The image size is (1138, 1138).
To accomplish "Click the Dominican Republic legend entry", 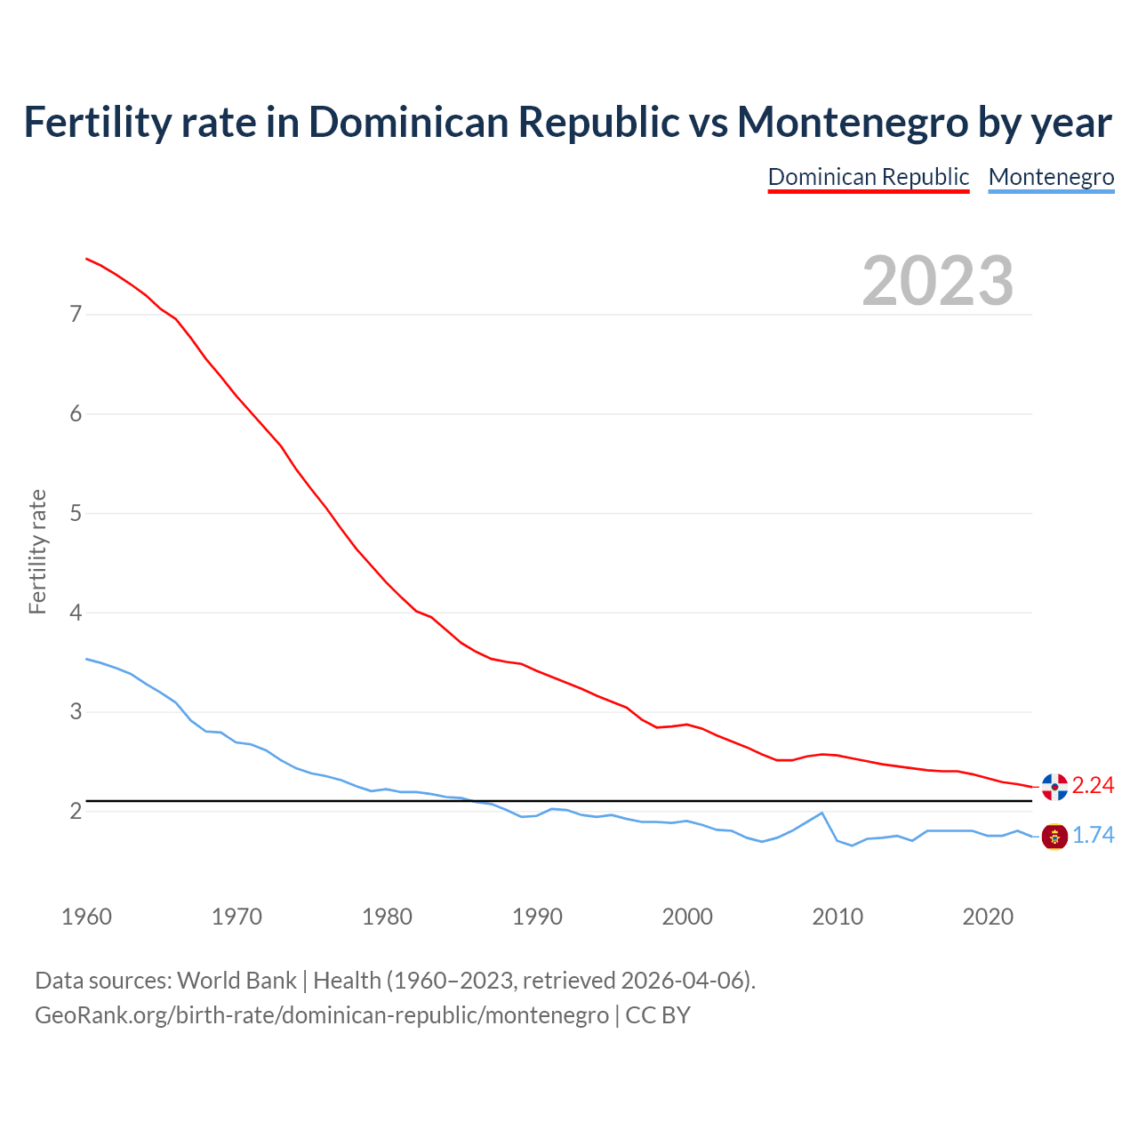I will coord(868,177).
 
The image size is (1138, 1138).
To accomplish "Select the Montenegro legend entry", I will coord(1051,177).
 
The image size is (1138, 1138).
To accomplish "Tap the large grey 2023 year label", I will coord(938,281).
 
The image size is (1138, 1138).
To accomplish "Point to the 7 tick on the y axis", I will coord(76,314).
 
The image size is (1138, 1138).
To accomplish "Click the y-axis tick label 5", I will coord(76,513).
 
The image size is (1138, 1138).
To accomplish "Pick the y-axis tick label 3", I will coord(76,712).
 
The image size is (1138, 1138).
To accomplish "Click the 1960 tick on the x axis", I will coord(86,917).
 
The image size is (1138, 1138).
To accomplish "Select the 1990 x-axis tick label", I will coord(537,917).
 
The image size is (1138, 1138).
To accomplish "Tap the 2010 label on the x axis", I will coord(837,917).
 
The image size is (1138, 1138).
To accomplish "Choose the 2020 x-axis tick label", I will coord(988,917).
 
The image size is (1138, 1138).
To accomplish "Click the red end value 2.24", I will coord(1093,785).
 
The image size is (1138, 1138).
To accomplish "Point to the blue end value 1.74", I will coord(1093,836).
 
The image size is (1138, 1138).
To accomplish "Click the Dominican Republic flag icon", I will coord(1054,786).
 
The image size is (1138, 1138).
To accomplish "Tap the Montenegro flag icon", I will coord(1054,836).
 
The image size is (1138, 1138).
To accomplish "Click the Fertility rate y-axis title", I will coord(37,551).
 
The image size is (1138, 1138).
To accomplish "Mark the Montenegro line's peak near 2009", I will coord(822,813).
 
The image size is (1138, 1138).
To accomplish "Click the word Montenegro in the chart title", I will coord(852,122).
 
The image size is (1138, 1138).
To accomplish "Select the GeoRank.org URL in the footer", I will coord(322,1015).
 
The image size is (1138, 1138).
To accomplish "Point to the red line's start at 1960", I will coord(86,259).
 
